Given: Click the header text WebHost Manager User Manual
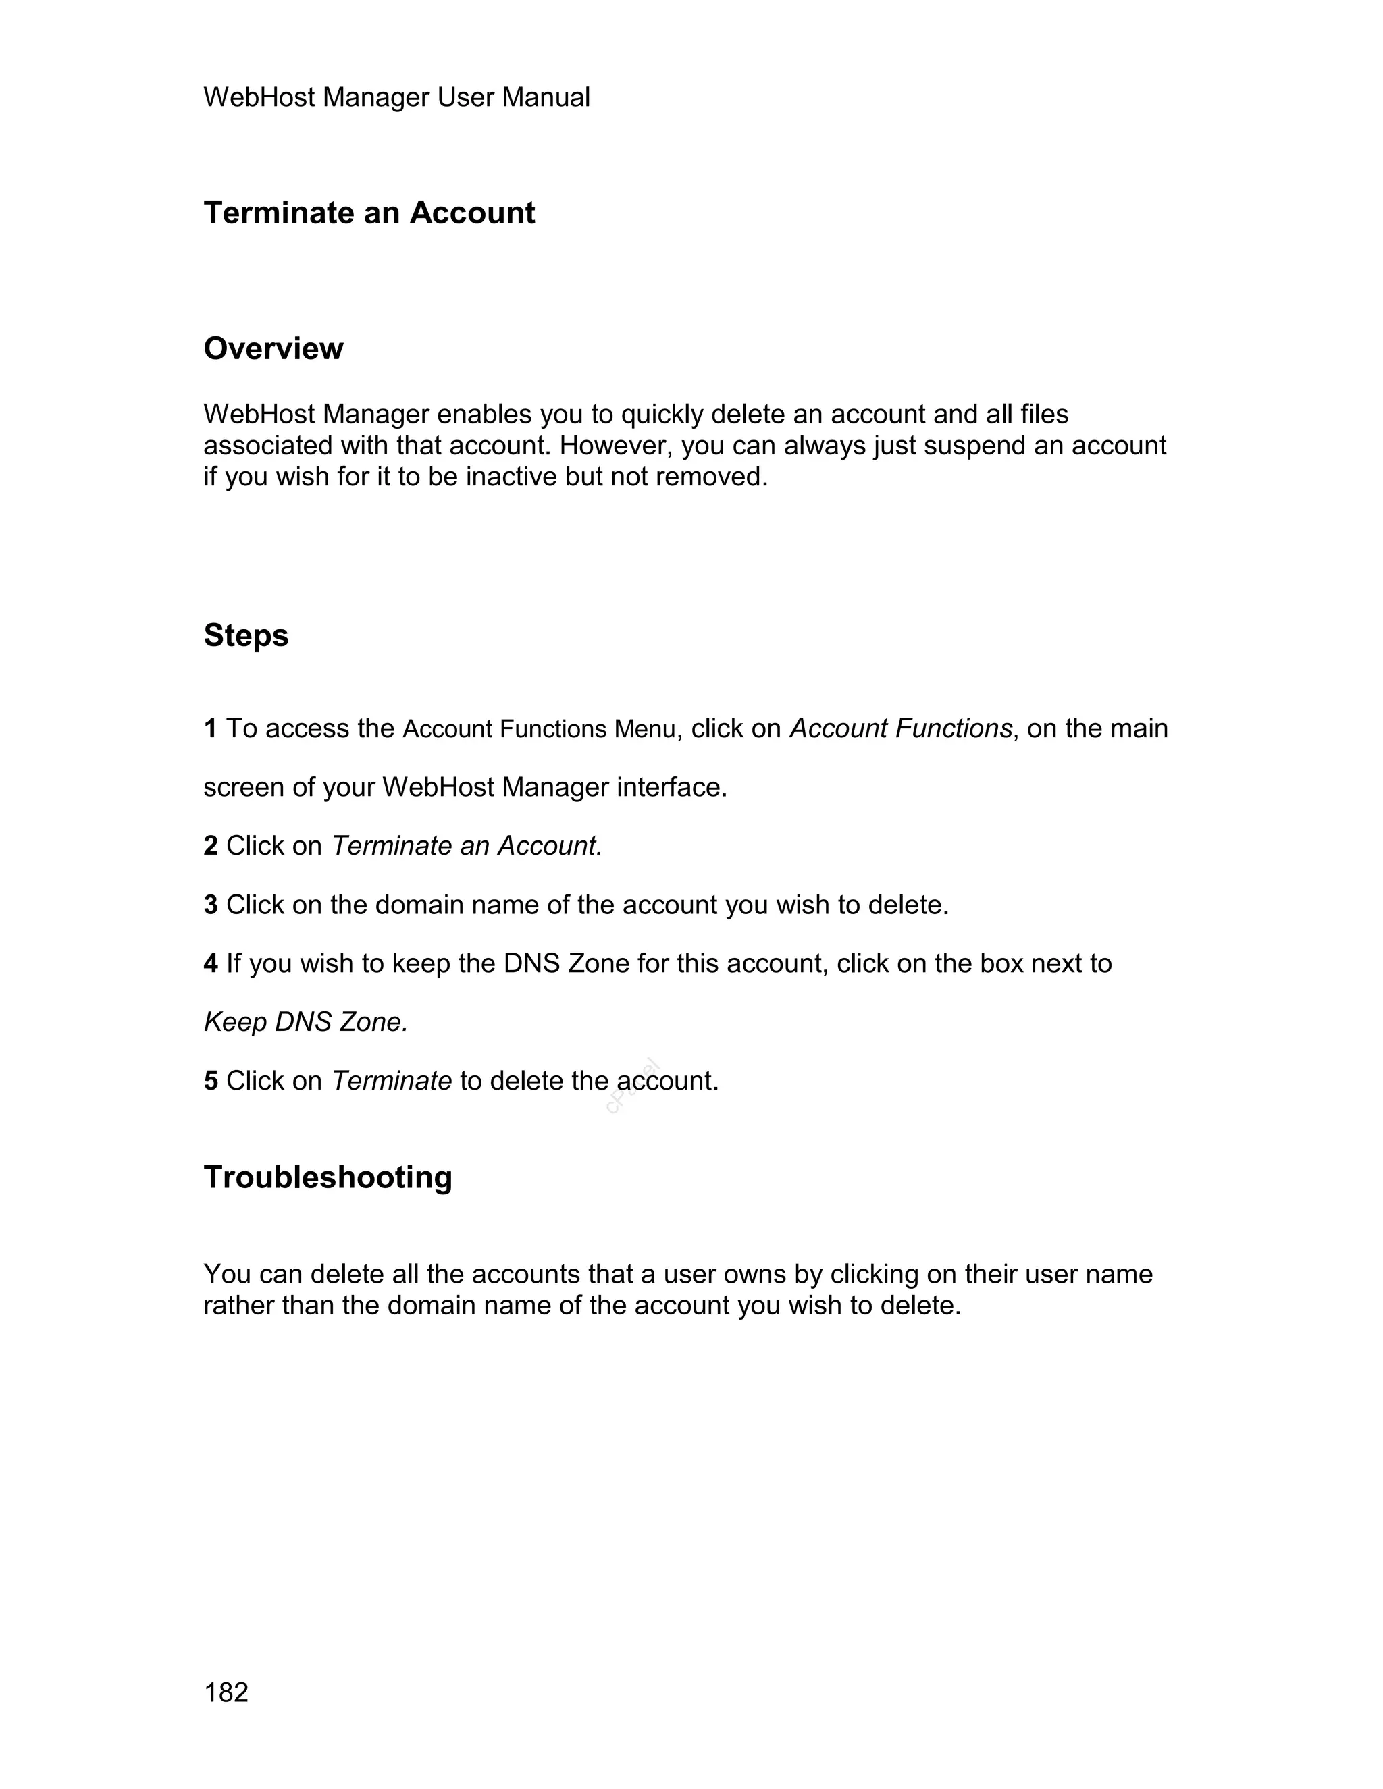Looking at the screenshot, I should (x=396, y=97).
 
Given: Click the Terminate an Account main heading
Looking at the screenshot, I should (x=369, y=213).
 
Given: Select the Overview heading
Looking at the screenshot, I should (x=273, y=349).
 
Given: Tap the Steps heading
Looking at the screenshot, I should (x=246, y=636).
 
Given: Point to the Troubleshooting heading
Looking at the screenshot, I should (x=328, y=1178).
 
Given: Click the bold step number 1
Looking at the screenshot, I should (x=211, y=728).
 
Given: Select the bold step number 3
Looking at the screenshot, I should (x=211, y=905).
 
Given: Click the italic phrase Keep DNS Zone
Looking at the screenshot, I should (x=305, y=1022).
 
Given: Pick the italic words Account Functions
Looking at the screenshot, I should (x=900, y=728).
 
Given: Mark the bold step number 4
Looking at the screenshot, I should (x=211, y=964).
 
